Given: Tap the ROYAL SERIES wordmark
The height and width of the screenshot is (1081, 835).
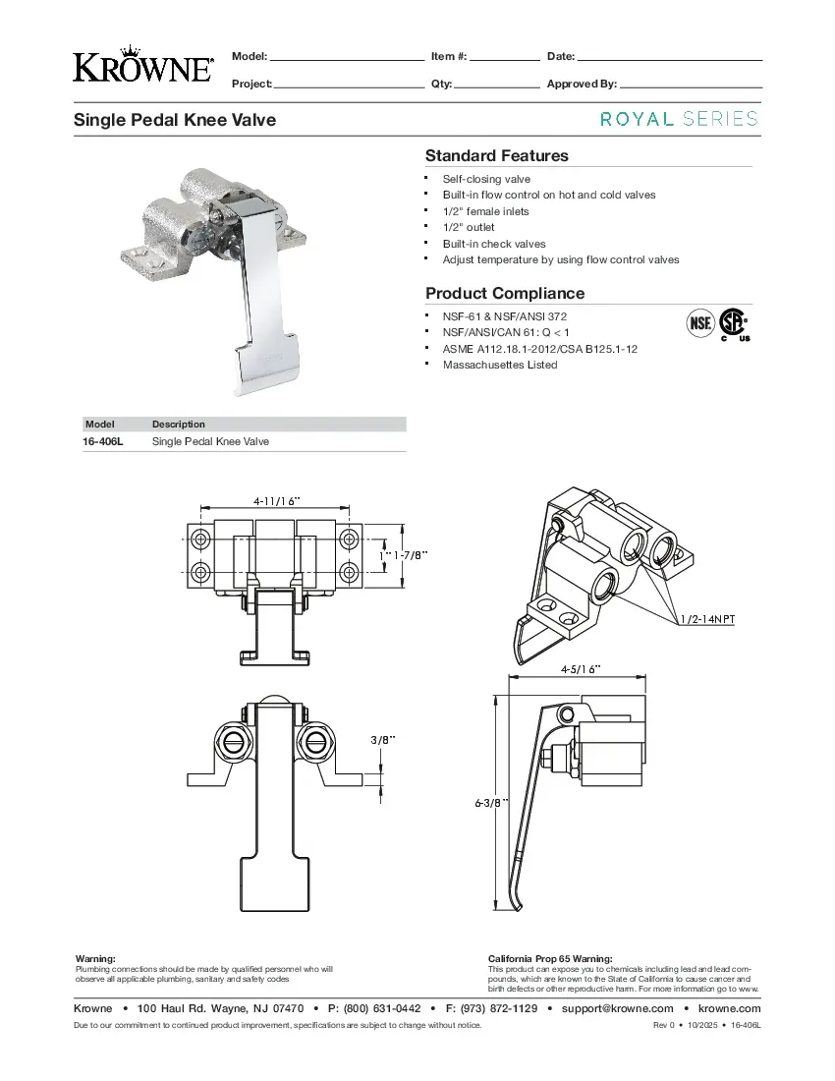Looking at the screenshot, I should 679,119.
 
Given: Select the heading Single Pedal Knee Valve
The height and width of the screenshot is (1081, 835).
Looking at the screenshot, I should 175,120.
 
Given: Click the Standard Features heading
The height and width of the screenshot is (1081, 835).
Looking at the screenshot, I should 496,155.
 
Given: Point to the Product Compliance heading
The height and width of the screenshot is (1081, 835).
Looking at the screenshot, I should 504,293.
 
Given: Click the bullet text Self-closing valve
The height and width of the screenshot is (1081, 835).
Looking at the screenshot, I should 486,179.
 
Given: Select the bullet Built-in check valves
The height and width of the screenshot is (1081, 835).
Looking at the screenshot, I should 493,244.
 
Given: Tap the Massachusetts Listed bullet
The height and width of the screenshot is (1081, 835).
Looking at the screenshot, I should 499,365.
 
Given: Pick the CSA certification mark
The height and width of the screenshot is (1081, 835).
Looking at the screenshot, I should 732,324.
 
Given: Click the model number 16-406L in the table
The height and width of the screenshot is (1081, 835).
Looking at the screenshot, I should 102,441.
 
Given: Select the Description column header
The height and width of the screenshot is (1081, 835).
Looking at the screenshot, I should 179,425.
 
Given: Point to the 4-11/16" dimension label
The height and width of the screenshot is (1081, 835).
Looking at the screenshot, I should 276,500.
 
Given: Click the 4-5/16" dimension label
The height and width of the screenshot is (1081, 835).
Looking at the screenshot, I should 581,669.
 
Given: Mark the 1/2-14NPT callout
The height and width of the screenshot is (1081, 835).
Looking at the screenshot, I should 707,619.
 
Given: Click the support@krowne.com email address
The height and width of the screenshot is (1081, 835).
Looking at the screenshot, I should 617,1008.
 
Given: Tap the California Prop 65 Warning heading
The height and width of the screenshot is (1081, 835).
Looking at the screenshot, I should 550,958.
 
